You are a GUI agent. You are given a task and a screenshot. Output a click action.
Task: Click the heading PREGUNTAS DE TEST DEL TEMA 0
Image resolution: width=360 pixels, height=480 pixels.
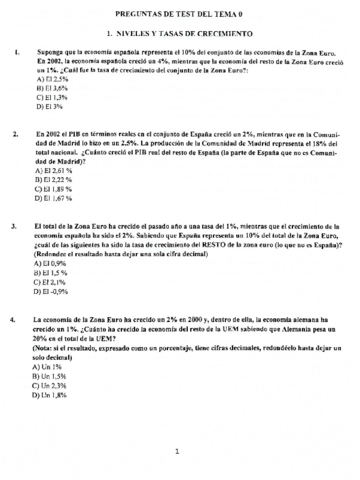(x=180, y=15)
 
